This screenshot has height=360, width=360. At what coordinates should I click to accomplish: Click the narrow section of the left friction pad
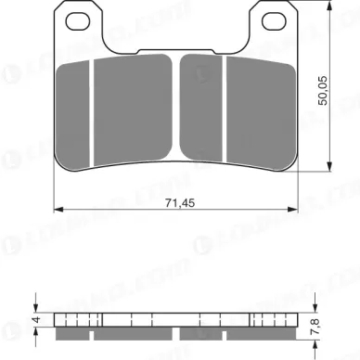(74, 109)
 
